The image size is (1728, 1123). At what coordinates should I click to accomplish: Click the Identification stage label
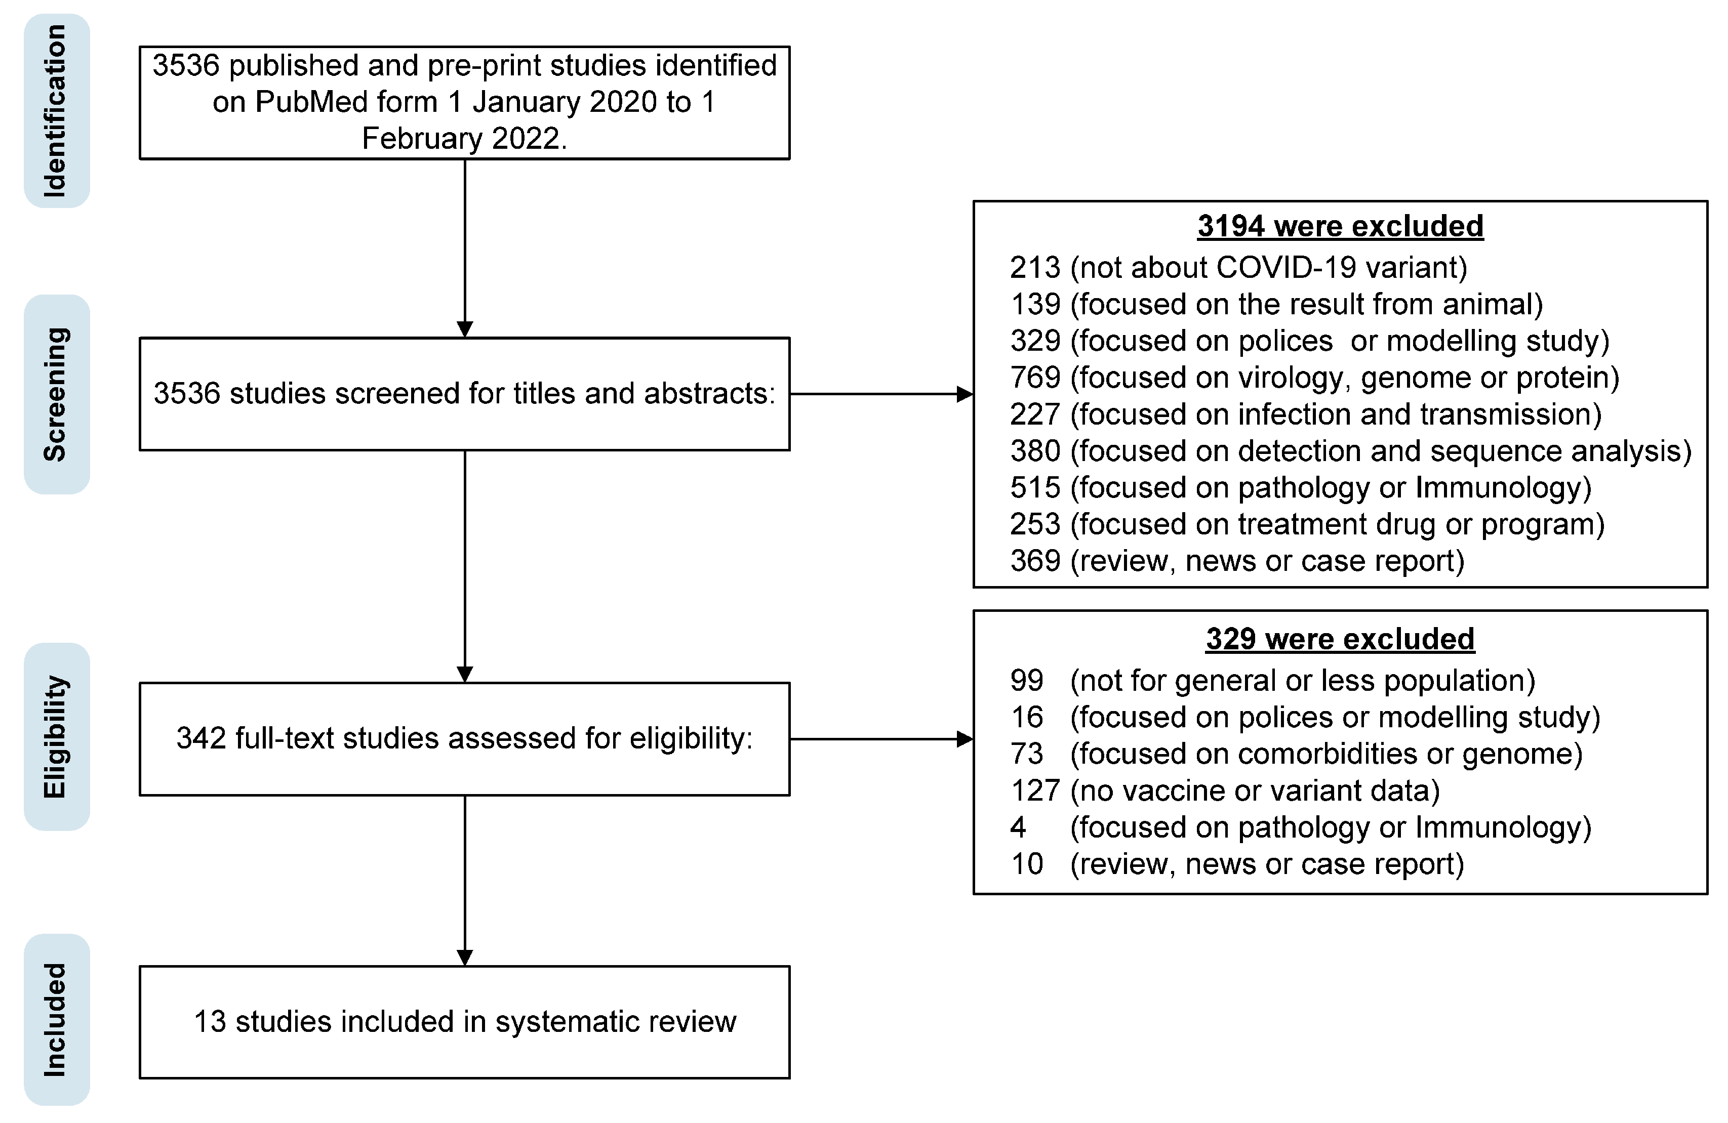pyautogui.click(x=56, y=111)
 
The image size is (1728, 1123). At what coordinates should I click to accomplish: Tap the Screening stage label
pyautogui.click(x=56, y=394)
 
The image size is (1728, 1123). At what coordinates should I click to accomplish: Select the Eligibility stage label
pyautogui.click(x=56, y=737)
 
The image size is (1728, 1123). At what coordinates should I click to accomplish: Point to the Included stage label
pyautogui.click(x=56, y=1019)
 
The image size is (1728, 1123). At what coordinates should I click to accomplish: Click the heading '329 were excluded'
pyautogui.click(x=1340, y=639)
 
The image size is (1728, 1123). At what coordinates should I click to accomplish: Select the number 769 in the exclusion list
pyautogui.click(x=1034, y=378)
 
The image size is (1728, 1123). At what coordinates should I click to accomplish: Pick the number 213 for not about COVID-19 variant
pyautogui.click(x=1034, y=268)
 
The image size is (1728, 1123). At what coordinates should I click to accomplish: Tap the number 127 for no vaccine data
pyautogui.click(x=1034, y=791)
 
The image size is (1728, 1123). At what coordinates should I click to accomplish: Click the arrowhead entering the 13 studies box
pyautogui.click(x=465, y=958)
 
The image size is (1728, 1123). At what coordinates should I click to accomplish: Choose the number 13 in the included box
pyautogui.click(x=210, y=1021)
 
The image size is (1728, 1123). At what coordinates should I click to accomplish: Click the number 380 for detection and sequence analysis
pyautogui.click(x=1034, y=451)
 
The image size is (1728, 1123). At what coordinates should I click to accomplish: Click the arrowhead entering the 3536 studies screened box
pyautogui.click(x=465, y=329)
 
